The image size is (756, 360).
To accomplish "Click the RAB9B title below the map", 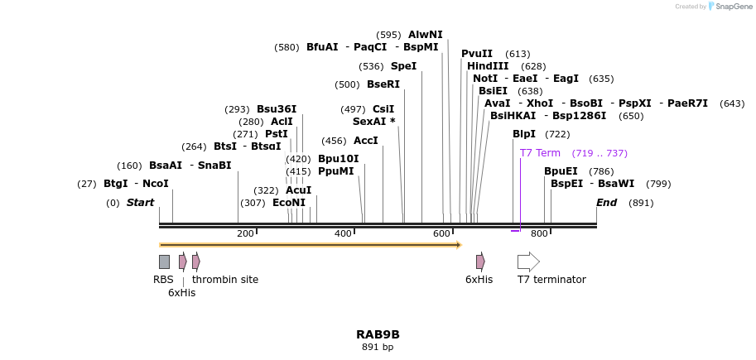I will (378, 334).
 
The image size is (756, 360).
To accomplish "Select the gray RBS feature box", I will (164, 262).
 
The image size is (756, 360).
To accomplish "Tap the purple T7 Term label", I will (540, 153).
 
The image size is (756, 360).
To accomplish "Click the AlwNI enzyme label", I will (425, 35).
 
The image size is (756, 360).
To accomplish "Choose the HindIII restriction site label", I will (488, 66).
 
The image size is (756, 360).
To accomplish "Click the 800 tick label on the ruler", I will (539, 234).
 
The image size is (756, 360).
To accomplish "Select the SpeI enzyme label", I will (403, 66).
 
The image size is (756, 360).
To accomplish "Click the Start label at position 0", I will (140, 203).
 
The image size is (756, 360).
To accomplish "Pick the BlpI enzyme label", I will (523, 134).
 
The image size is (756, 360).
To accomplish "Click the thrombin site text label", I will (225, 280).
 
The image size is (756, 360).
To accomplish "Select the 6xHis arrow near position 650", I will (480, 262).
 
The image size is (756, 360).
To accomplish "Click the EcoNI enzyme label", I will (289, 203).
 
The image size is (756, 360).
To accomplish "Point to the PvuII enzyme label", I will (477, 54).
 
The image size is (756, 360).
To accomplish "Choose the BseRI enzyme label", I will (383, 84).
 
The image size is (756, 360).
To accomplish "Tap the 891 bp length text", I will (378, 348).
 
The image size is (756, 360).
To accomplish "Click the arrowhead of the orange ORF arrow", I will (458, 245).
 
